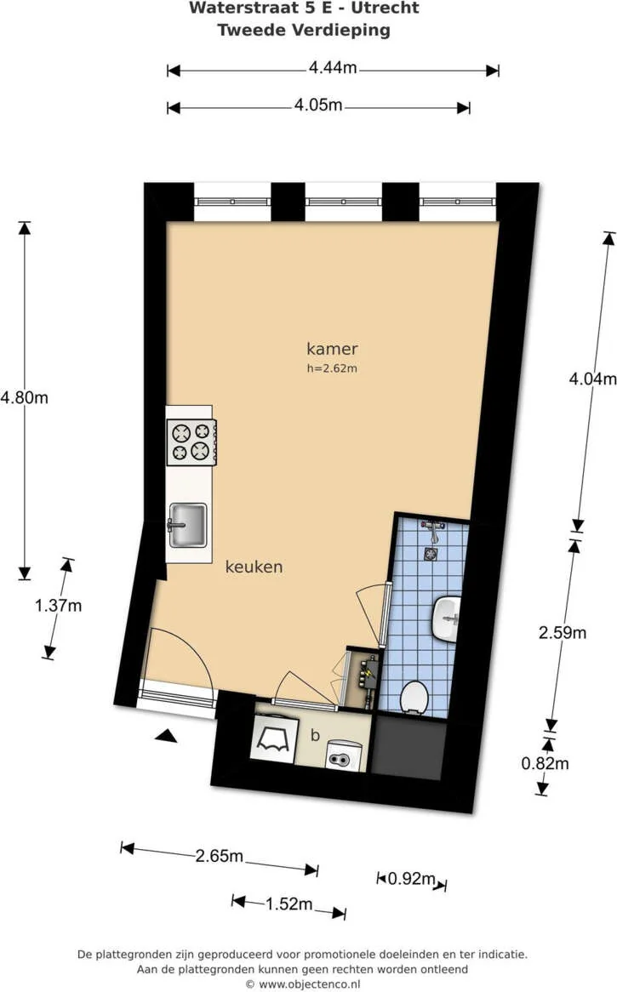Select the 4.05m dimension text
[318, 105]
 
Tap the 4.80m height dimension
[25, 397]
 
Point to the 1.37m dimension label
[59, 606]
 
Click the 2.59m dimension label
[563, 632]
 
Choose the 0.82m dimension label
[545, 763]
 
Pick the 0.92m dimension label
[412, 879]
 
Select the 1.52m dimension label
[289, 904]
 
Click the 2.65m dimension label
[220, 856]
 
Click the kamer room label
[332, 349]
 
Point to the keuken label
[254, 567]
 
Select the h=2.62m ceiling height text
[332, 368]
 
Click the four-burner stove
[191, 442]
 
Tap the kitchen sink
[187, 523]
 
